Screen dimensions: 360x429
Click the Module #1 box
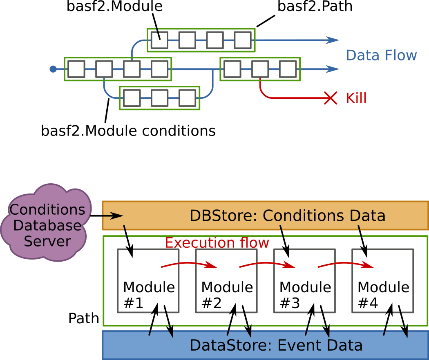tap(148, 281)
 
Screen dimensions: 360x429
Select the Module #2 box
tap(226, 281)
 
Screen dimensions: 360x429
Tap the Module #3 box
tap(304, 281)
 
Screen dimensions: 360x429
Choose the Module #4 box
tap(382, 281)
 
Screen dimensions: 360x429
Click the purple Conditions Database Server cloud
tap(46, 224)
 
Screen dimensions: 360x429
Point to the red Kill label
tap(356, 98)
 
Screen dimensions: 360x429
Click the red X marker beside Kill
tap(331, 98)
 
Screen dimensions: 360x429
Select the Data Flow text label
tap(381, 56)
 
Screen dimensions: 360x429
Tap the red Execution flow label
tap(217, 243)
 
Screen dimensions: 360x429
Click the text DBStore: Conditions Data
tap(287, 216)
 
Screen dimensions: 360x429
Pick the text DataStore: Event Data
tap(276, 345)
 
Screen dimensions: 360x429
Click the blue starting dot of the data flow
tap(53, 69)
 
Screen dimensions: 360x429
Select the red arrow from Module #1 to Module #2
tap(188, 264)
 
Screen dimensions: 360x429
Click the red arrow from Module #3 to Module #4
tap(345, 264)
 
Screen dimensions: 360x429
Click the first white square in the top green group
tap(159, 40)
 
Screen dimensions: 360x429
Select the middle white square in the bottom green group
tap(159, 98)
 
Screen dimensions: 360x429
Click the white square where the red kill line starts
tap(260, 69)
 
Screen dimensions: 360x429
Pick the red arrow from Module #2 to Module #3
tap(267, 264)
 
